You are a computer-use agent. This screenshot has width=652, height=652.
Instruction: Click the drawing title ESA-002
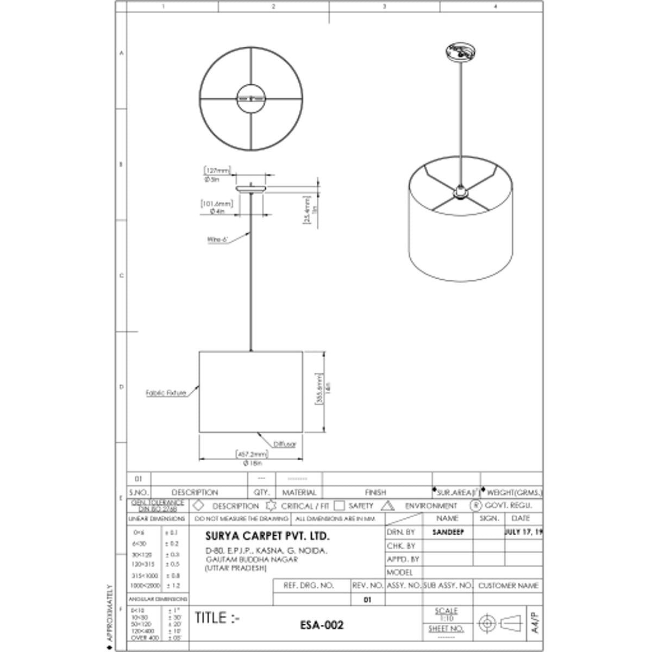[x=322, y=625]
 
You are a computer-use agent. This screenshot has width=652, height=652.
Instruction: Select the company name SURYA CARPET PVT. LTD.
[x=267, y=536]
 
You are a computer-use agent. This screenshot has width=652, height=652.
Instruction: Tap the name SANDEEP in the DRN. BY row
[x=448, y=532]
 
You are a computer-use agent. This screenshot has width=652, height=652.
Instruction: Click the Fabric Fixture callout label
[x=166, y=393]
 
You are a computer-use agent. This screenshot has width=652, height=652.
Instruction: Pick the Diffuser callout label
[x=285, y=444]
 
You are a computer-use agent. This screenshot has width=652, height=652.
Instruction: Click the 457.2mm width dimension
[x=252, y=454]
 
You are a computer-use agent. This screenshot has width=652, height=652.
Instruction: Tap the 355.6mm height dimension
[x=319, y=389]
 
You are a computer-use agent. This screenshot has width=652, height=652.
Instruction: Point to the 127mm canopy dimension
[x=218, y=171]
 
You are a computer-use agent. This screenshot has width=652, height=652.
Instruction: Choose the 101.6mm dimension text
[x=217, y=204]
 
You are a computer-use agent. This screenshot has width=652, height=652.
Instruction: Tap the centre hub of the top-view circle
[x=250, y=98]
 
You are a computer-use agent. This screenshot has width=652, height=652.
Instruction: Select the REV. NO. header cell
[x=367, y=586]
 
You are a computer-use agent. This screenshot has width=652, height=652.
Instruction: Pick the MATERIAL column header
[x=299, y=492]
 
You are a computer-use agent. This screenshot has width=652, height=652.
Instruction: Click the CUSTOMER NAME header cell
[x=508, y=586]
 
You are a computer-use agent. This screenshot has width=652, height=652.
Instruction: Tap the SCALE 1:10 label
[x=446, y=615]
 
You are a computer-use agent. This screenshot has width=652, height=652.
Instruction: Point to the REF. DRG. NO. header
[x=309, y=586]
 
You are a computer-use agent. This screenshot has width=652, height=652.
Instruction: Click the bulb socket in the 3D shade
[x=460, y=192]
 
